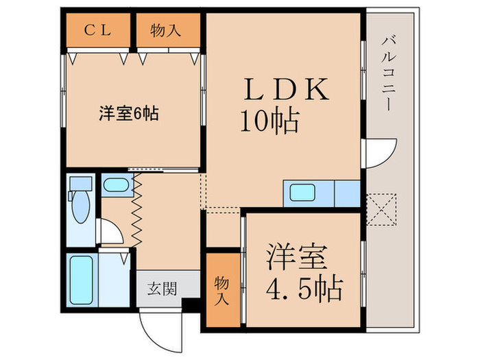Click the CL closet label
(97, 30)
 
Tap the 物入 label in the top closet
(166, 31)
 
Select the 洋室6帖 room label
(129, 114)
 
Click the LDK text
(286, 89)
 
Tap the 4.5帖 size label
(304, 288)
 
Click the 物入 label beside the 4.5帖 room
(221, 291)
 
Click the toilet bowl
(81, 206)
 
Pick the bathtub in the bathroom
(82, 280)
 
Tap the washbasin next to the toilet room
(116, 184)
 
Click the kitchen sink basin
(302, 193)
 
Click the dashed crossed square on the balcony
(381, 210)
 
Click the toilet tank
(81, 184)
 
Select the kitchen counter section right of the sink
(348, 193)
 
